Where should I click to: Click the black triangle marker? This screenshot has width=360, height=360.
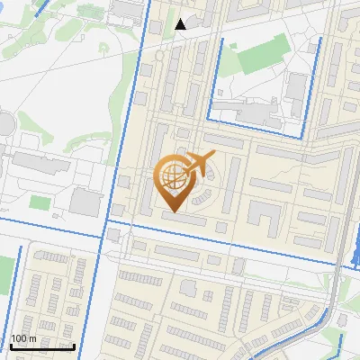tap(181, 24)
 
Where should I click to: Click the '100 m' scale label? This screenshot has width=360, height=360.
tap(23, 337)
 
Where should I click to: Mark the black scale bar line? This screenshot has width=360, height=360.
tap(42, 346)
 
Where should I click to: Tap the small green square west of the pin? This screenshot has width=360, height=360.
tap(39, 201)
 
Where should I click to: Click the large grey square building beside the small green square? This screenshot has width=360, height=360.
tap(85, 201)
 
